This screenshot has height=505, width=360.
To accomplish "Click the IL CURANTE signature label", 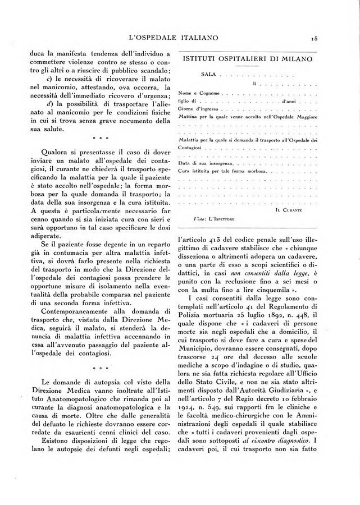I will tap(304, 209).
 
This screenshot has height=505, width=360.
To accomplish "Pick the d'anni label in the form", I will tap(289, 101).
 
